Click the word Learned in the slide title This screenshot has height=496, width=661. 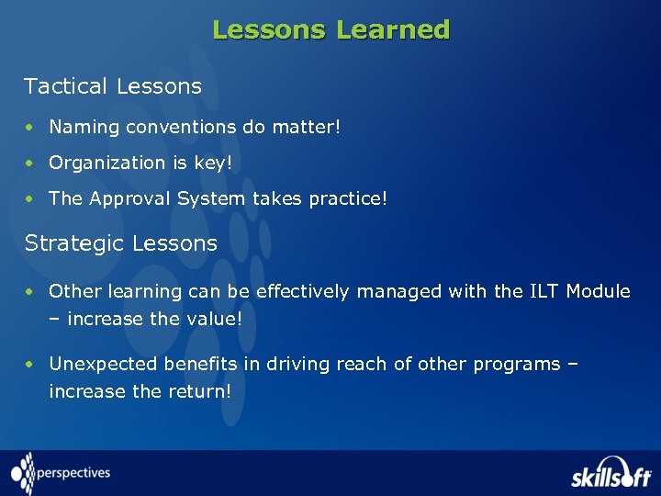tap(393, 30)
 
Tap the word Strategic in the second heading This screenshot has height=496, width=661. tap(74, 243)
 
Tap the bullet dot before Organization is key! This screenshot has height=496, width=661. tap(30, 163)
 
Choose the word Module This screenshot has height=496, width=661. tap(598, 292)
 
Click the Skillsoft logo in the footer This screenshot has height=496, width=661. tap(609, 473)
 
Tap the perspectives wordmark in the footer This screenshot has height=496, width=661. tap(73, 473)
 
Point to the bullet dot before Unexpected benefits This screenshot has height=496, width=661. tap(30, 365)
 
